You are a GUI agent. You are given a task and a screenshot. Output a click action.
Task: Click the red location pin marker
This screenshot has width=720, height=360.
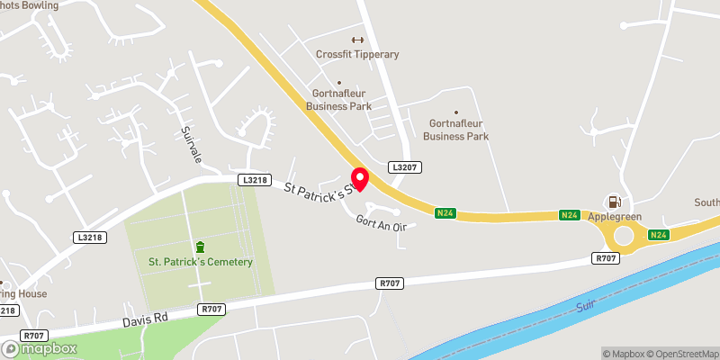(x=359, y=178)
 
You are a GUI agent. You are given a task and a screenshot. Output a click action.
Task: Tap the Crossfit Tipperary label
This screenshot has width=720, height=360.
(x=357, y=54)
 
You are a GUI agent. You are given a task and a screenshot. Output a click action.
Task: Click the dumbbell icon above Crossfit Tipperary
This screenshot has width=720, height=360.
(x=357, y=40)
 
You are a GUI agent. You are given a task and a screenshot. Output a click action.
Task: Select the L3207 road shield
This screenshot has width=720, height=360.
(x=405, y=167)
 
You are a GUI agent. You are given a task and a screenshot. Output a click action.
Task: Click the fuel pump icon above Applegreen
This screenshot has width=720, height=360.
(x=616, y=202)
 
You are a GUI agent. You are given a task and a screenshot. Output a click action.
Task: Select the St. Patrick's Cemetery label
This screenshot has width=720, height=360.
(x=201, y=262)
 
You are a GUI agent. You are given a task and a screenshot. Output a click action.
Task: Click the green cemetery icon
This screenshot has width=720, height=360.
(x=200, y=247)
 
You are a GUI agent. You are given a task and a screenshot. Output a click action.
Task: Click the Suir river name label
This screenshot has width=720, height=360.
(x=586, y=306)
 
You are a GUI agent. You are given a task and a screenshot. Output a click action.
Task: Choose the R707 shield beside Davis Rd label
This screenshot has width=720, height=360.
(x=211, y=309)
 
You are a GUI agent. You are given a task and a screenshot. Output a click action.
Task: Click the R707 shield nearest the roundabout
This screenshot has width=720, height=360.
(x=605, y=258)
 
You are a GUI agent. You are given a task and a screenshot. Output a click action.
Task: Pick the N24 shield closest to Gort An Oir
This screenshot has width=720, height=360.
(x=444, y=213)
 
